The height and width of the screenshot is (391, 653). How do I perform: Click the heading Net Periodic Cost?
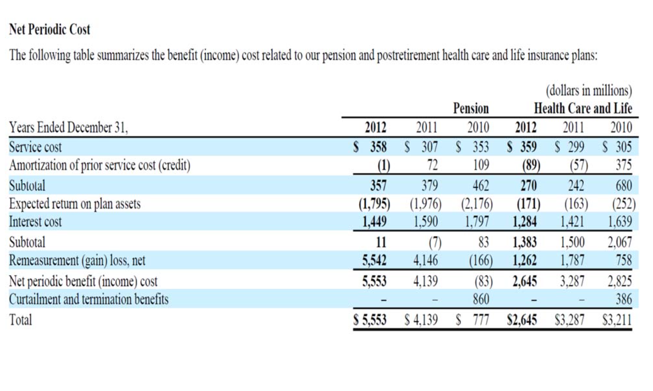point(49,29)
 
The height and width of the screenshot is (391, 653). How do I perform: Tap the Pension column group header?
point(471,108)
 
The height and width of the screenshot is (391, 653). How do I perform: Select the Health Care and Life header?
point(583,108)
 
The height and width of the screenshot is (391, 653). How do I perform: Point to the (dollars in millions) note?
point(589,91)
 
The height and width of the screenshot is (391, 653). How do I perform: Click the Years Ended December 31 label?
point(68,127)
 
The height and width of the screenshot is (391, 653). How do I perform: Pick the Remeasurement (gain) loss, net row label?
point(77,260)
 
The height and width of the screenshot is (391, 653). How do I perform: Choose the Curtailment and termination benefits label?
point(89,299)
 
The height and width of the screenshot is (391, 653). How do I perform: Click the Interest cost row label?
point(35,222)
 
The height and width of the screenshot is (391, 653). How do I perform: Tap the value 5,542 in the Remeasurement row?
point(374,260)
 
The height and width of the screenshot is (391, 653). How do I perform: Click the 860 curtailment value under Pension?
point(481,299)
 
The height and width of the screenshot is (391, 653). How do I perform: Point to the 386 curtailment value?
point(624,299)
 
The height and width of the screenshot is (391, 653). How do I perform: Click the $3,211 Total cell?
point(617,320)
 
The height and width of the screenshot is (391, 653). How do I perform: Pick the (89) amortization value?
point(531,165)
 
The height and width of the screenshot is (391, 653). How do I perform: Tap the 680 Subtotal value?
point(624,186)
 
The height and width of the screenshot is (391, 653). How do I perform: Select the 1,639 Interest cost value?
point(620,222)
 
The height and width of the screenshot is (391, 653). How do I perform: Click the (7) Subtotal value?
point(435,243)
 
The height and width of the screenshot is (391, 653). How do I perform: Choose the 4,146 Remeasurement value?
point(426,260)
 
